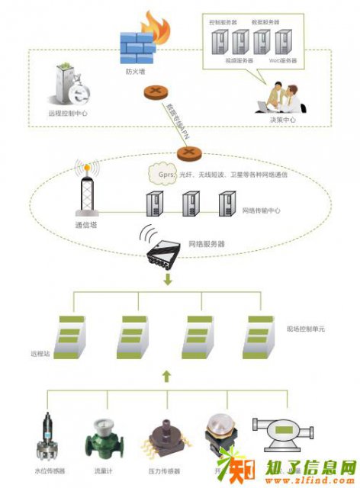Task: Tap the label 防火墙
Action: click(x=136, y=73)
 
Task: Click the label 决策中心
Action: click(x=282, y=120)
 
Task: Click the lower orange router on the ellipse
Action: click(x=188, y=153)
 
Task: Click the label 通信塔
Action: click(x=85, y=225)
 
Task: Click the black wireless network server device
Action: click(x=163, y=254)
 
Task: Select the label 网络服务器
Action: click(x=207, y=245)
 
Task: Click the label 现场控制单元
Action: click(x=305, y=328)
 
